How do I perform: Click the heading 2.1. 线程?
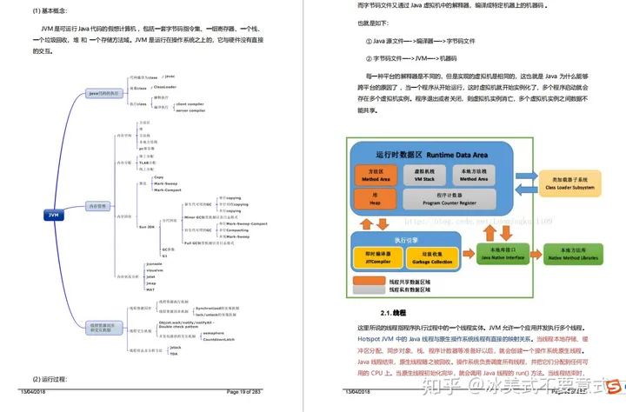tap(393, 312)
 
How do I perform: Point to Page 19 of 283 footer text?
tap(244, 394)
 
